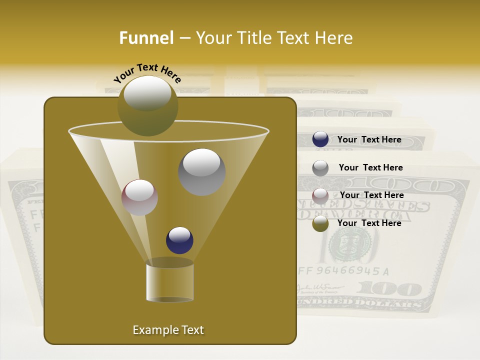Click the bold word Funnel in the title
click(x=146, y=38)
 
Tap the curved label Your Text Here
click(x=147, y=73)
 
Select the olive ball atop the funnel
click(x=147, y=105)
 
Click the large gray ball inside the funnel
click(x=201, y=171)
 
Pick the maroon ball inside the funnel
click(x=139, y=197)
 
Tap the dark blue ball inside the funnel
click(x=179, y=240)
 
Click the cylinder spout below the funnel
click(x=169, y=282)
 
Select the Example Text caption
click(x=168, y=330)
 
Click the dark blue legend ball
click(x=320, y=139)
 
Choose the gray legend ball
click(x=320, y=167)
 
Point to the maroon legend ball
click(x=320, y=195)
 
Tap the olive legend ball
click(x=320, y=223)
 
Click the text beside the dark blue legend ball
click(x=369, y=140)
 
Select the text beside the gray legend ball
click(x=370, y=168)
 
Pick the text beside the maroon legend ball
click(x=371, y=195)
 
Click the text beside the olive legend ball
click(x=369, y=223)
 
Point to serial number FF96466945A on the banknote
click(x=343, y=271)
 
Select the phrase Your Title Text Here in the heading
click(x=274, y=38)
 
